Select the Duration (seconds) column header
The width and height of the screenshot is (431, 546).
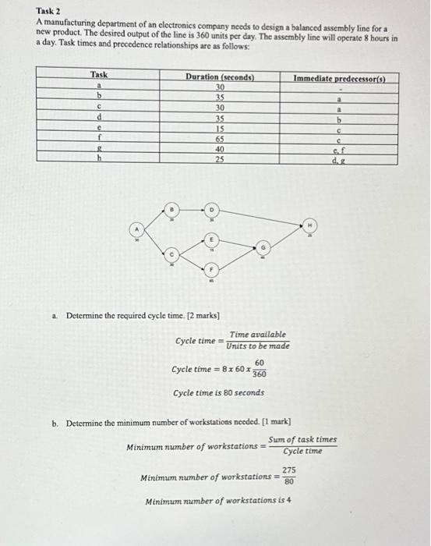[x=219, y=77]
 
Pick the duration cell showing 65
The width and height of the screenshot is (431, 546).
[x=219, y=136]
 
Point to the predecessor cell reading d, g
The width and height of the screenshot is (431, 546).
[x=339, y=159]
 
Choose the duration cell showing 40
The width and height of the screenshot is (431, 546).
[x=219, y=148]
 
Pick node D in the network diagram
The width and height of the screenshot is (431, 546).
[x=210, y=210]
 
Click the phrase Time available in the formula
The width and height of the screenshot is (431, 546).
[x=257, y=333]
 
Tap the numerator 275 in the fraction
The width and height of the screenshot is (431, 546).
[x=288, y=470]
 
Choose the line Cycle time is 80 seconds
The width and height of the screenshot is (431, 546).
[x=218, y=392]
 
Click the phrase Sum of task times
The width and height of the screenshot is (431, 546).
[x=302, y=440]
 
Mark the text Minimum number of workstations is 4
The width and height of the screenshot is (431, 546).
[x=219, y=501]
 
